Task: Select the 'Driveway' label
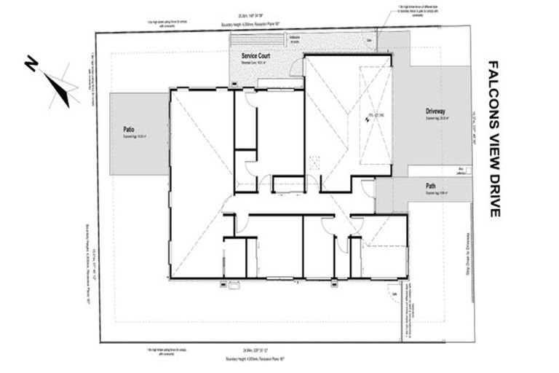coord(435,111)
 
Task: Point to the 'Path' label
coord(431,186)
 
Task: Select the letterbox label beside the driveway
coord(461,170)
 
